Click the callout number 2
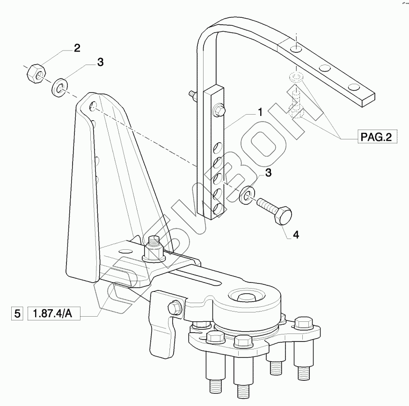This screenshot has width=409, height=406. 76,48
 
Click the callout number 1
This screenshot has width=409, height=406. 258,112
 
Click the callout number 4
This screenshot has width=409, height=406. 295,235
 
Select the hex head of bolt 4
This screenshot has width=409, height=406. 283,217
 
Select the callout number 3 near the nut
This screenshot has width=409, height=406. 100,63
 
